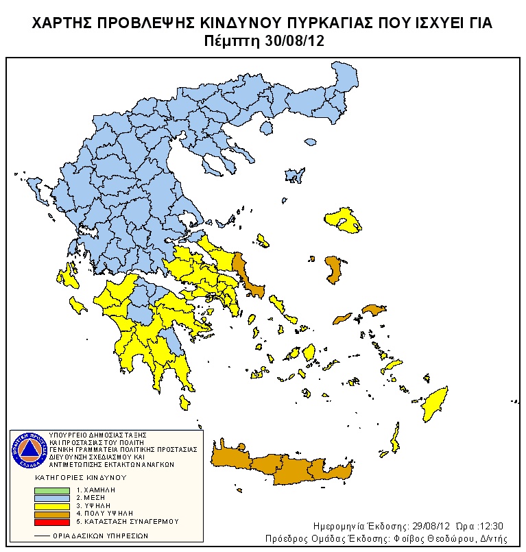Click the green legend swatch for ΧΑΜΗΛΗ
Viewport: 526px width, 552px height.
52,490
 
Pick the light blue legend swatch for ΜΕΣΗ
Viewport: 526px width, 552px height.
52,498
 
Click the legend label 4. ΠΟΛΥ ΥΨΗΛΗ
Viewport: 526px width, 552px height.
104,513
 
